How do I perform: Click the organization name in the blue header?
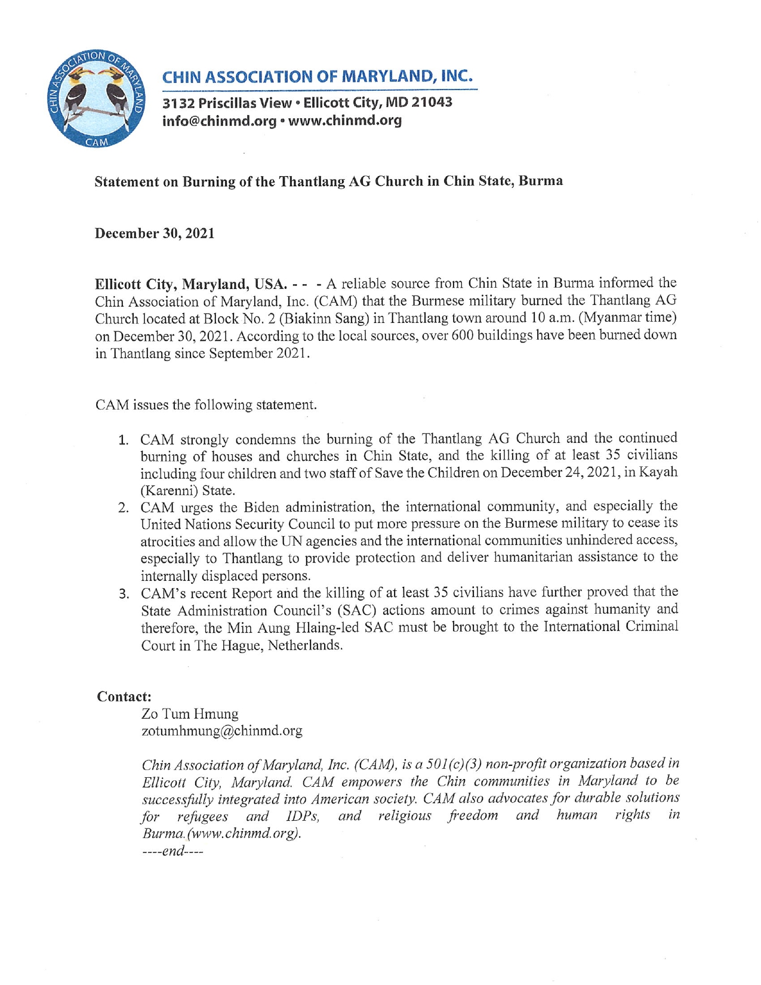(x=317, y=77)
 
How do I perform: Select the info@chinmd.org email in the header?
(x=219, y=121)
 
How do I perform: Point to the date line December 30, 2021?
(x=155, y=233)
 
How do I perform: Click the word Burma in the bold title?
(x=540, y=181)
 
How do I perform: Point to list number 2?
(x=124, y=509)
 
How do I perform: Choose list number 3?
(x=124, y=595)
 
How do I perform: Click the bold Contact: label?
(x=124, y=697)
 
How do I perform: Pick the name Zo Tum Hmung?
(x=190, y=714)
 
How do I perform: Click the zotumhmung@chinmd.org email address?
(x=221, y=731)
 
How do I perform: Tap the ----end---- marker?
(x=172, y=851)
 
